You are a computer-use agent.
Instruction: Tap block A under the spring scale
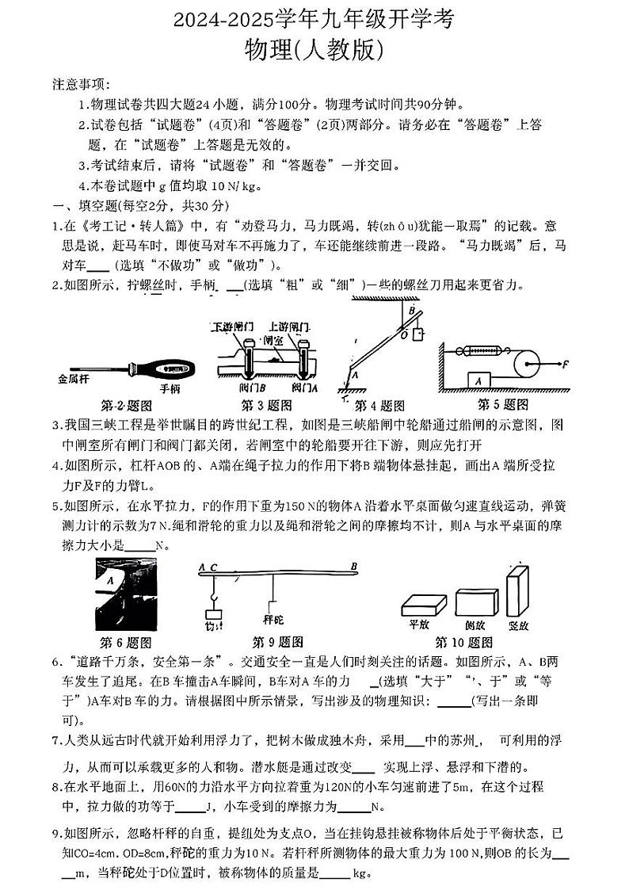pyautogui.click(x=478, y=380)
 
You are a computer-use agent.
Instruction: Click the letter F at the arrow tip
pyautogui.click(x=566, y=365)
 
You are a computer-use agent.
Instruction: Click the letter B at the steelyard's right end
pyautogui.click(x=354, y=567)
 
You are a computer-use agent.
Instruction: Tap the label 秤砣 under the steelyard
pyautogui.click(x=273, y=619)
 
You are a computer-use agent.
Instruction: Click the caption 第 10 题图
pyautogui.click(x=463, y=642)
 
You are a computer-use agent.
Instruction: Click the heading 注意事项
pyautogui.click(x=82, y=85)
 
